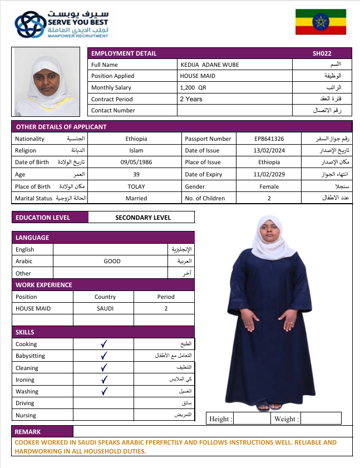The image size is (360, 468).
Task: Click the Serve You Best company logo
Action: point(61,24)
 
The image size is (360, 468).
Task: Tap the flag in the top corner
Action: point(320,23)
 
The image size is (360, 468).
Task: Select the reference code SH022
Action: point(322,53)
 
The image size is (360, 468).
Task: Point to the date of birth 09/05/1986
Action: point(136,162)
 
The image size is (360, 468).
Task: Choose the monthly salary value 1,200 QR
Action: point(193,87)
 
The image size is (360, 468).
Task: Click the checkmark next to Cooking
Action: point(103,344)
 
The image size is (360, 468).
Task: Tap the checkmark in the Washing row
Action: point(103,391)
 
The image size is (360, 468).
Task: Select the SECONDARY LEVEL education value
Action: point(143,218)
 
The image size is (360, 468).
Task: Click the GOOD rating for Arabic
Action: point(112,261)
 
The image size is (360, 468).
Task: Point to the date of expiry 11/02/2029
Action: point(269,174)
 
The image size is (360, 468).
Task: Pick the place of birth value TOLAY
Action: point(136,186)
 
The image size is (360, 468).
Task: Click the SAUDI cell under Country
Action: point(105,308)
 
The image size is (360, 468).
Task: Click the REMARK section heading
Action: point(28,431)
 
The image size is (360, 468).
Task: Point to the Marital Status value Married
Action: point(136,198)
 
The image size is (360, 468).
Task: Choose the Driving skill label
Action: point(26,403)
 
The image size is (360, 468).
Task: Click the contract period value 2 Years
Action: point(191,99)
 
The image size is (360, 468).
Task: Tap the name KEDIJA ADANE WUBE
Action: point(209,65)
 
